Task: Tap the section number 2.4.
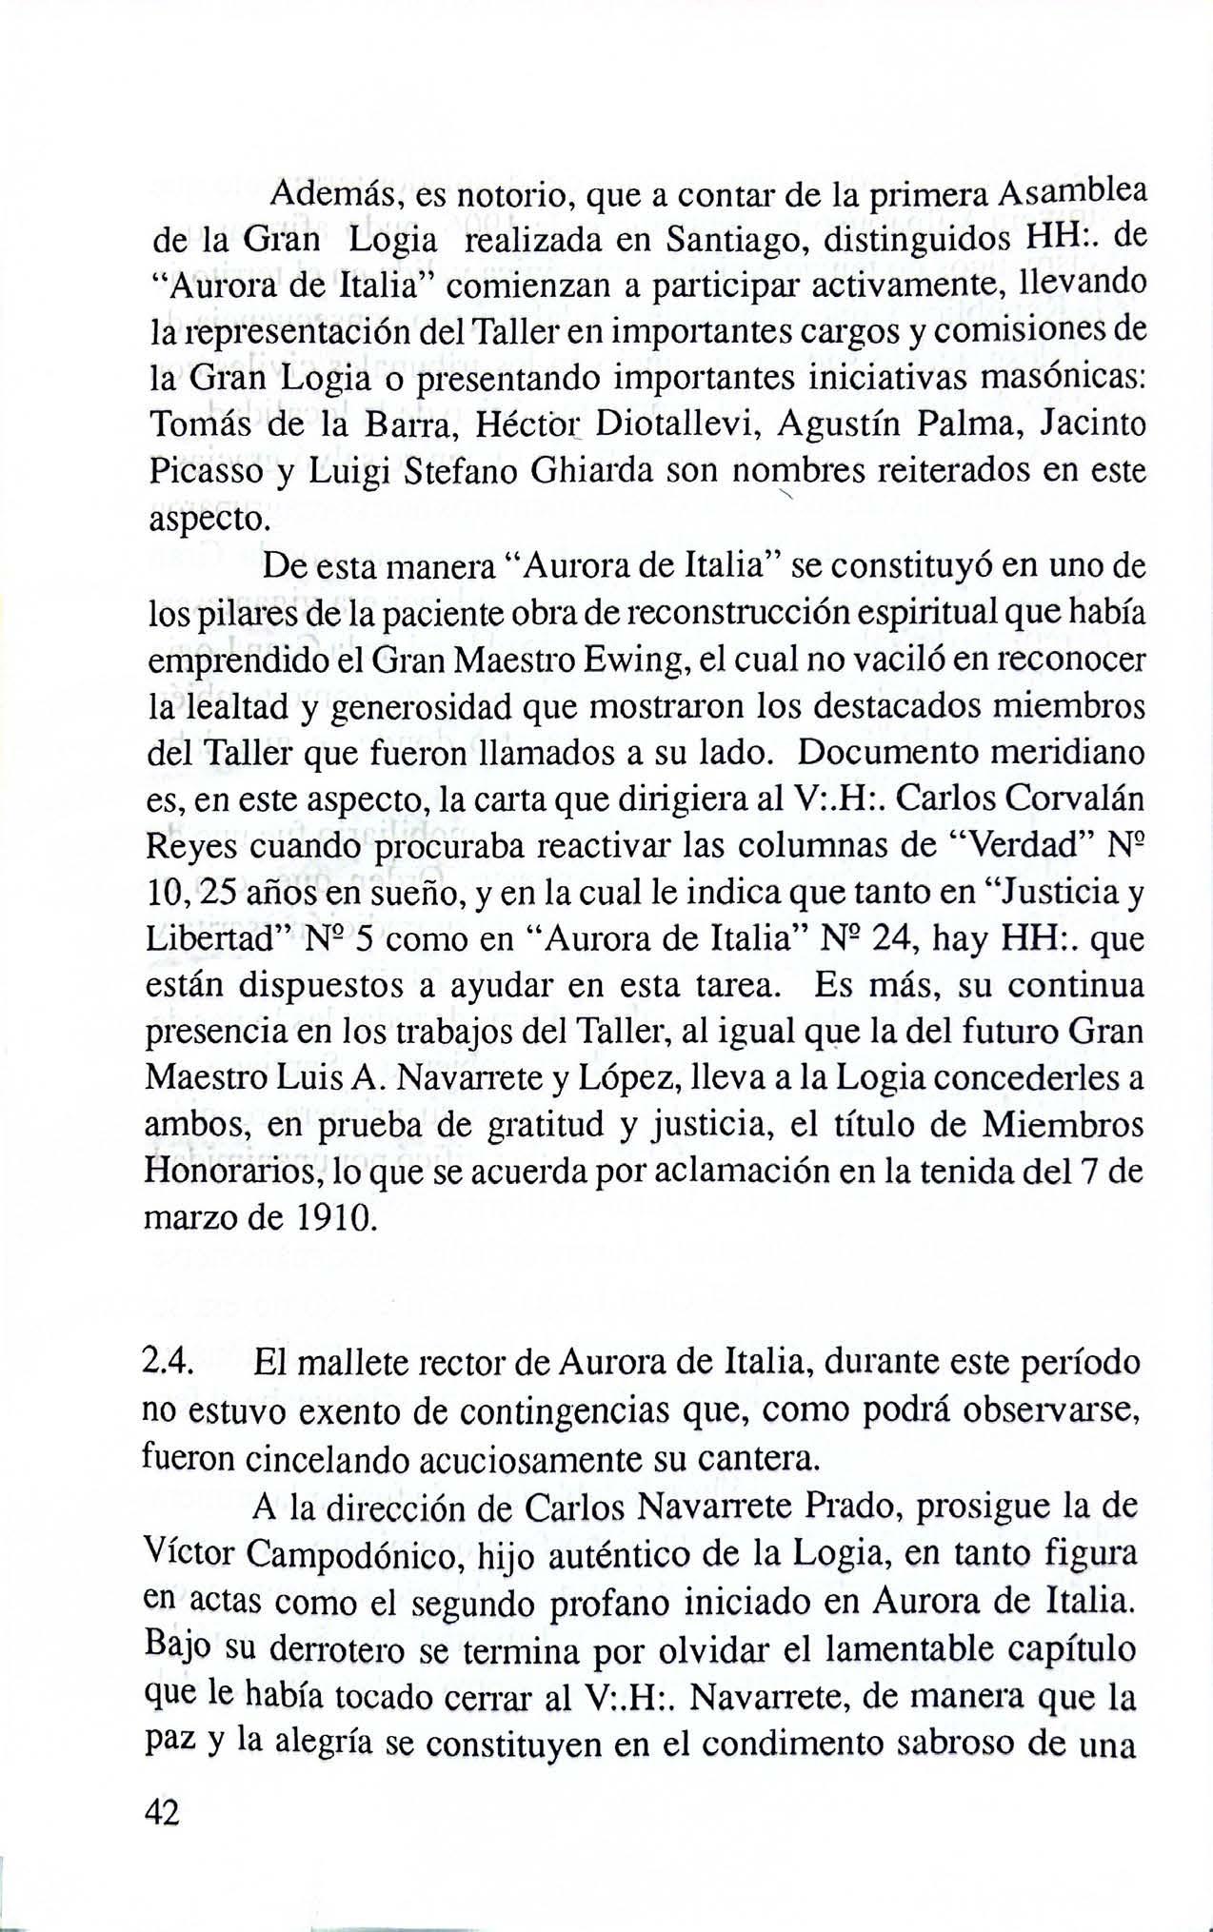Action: [169, 1364]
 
